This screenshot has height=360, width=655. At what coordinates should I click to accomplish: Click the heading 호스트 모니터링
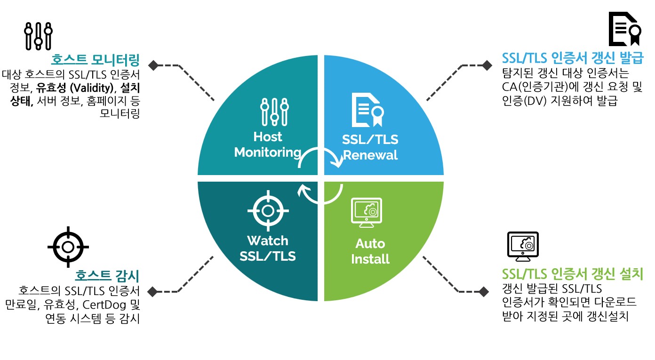pyautogui.click(x=96, y=60)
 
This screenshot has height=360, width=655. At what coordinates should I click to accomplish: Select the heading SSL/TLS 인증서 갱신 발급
pyautogui.click(x=573, y=58)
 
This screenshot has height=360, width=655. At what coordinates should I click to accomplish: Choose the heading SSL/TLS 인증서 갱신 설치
pyautogui.click(x=573, y=273)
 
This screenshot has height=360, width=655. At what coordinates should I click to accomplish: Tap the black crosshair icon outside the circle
pyautogui.click(x=68, y=246)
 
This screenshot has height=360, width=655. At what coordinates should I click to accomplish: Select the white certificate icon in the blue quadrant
pyautogui.click(x=369, y=111)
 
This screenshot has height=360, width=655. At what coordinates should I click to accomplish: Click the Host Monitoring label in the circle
pyautogui.click(x=267, y=144)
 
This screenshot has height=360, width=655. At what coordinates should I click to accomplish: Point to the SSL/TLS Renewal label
pyautogui.click(x=370, y=147)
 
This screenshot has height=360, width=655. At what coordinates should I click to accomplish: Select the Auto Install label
pyautogui.click(x=370, y=251)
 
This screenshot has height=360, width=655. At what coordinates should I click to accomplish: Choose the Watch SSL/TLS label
pyautogui.click(x=267, y=248)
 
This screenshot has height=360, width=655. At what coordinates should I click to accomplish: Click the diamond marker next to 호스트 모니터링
pyautogui.click(x=153, y=64)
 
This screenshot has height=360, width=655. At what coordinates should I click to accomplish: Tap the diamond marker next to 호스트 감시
pyautogui.click(x=152, y=292)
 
